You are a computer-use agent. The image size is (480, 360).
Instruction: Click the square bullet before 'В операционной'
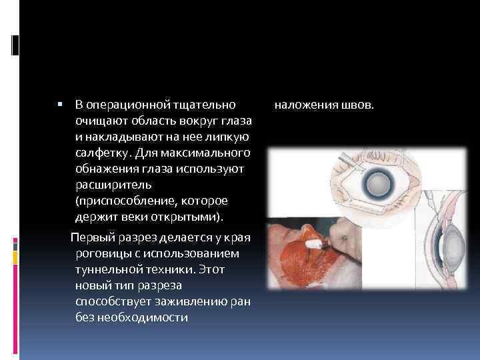click(x=60, y=105)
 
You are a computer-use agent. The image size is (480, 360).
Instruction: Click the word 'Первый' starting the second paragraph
click(x=90, y=237)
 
